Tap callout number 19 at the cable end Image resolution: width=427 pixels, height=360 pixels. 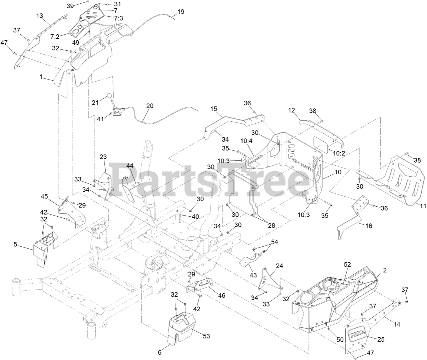tap(180, 12)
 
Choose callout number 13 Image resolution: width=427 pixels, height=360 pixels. tap(40, 15)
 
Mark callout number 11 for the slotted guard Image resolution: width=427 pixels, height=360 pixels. tap(423, 206)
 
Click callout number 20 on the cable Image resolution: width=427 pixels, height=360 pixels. tap(150, 106)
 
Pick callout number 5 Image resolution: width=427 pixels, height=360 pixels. tap(15, 244)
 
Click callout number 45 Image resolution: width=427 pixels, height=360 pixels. tap(44, 196)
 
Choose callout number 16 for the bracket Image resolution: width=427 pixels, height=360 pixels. tap(369, 226)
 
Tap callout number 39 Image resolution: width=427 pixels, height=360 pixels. tap(70, 6)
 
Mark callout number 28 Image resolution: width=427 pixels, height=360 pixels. tap(271, 226)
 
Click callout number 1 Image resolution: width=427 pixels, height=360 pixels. tap(41, 77)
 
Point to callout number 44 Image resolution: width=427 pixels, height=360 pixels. tap(130, 165)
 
